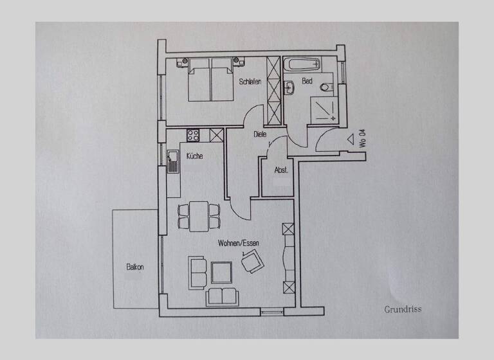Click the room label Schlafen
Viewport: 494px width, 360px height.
pos(250,82)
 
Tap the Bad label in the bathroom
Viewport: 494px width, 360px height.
pos(307,82)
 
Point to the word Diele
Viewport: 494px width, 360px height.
pos(260,134)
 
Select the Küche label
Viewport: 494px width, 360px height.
pos(195,156)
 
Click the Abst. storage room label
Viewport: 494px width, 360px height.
pos(281,171)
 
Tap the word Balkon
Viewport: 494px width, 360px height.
pos(134,267)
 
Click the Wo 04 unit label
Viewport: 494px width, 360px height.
pos(363,138)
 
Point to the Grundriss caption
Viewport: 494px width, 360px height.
pos(403,309)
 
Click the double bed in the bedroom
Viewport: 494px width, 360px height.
pos(210,80)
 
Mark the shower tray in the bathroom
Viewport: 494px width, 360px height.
pos(327,110)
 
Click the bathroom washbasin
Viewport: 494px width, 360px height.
pos(289,88)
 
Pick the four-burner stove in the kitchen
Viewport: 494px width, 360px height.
pos(193,135)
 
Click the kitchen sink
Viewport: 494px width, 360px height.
pos(172,161)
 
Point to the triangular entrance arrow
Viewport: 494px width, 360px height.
pos(351,138)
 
